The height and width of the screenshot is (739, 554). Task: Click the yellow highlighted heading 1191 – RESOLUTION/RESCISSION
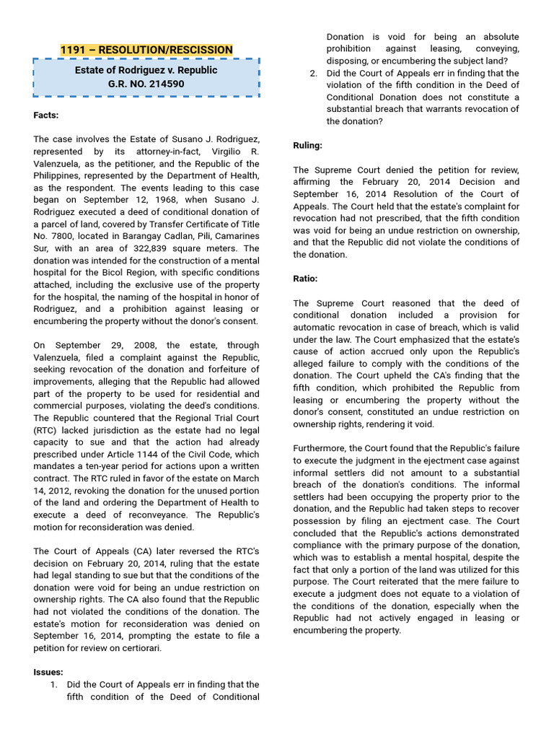(146, 50)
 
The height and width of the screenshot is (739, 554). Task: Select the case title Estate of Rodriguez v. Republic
(146, 70)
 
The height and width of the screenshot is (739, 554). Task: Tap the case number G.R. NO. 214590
(146, 84)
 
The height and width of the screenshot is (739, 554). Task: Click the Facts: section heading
(45, 115)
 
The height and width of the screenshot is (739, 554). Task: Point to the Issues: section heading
(48, 672)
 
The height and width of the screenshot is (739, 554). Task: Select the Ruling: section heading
(307, 145)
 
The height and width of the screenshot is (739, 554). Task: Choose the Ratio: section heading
(305, 279)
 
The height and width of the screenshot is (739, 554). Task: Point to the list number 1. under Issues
(53, 684)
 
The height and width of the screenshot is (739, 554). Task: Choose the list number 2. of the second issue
(313, 73)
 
